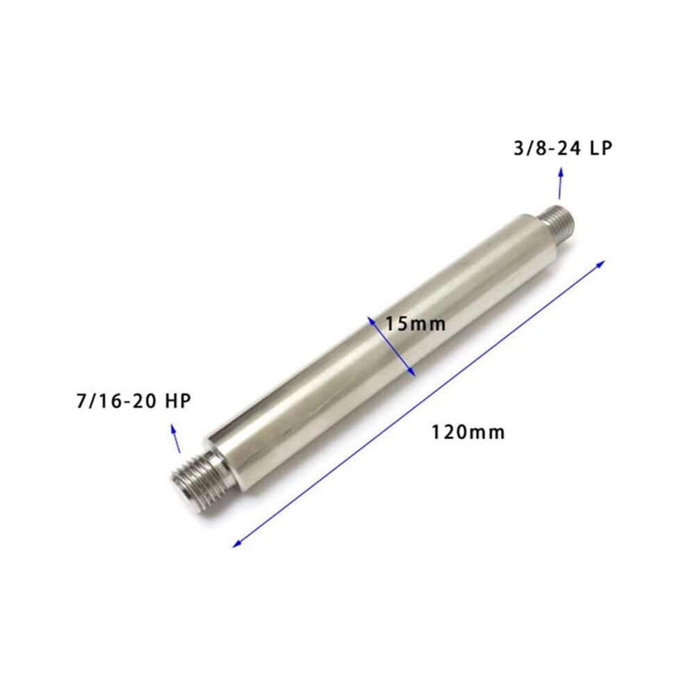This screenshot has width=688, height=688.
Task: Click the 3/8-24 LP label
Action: (562, 148)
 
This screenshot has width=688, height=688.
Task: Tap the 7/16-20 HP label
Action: (134, 401)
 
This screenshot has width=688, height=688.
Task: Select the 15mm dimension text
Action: (415, 325)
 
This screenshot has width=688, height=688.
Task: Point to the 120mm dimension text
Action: (468, 432)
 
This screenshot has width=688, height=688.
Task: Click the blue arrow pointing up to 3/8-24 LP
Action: (560, 183)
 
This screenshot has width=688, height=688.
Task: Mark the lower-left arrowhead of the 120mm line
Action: (238, 543)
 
